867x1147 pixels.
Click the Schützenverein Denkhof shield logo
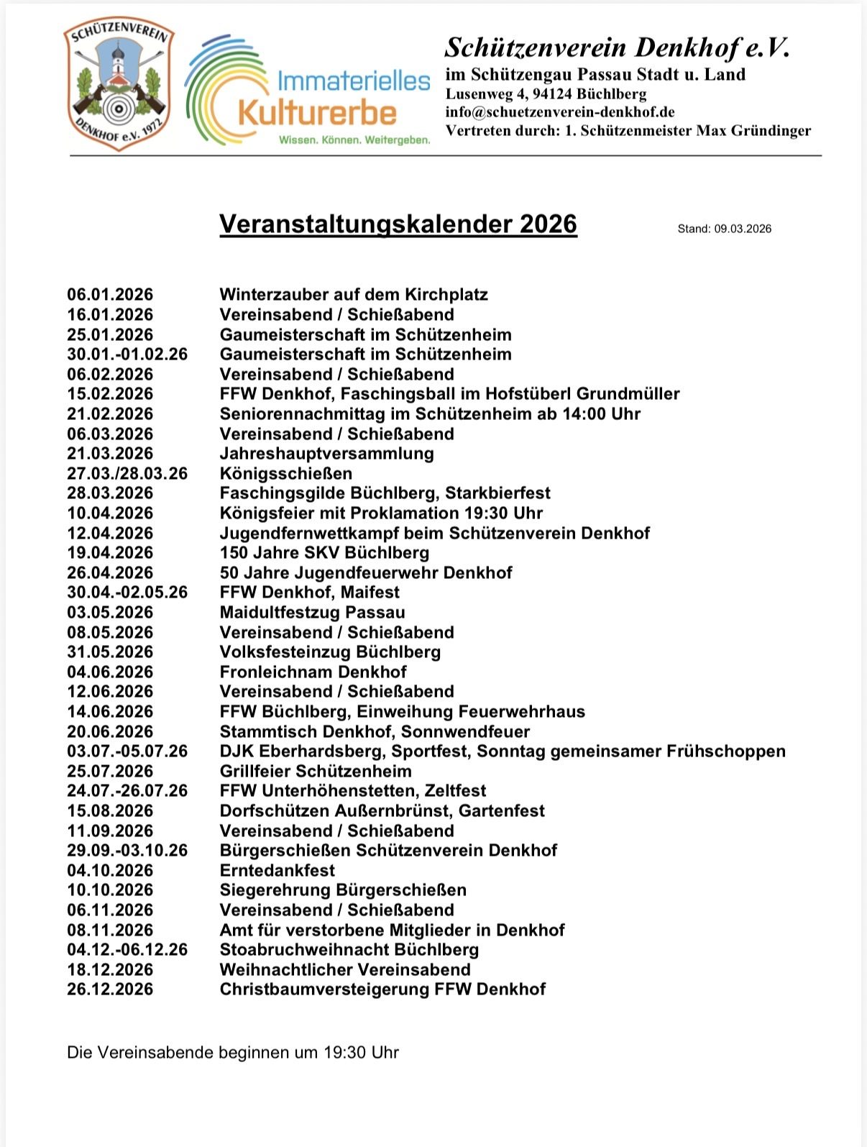pyautogui.click(x=119, y=85)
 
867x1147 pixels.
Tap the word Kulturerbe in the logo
pyautogui.click(x=317, y=113)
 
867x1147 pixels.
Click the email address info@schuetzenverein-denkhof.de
pyautogui.click(x=560, y=111)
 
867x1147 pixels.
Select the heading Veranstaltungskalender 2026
pyautogui.click(x=398, y=224)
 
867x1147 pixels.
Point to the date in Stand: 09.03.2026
pyautogui.click(x=742, y=229)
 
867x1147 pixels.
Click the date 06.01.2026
pyautogui.click(x=110, y=294)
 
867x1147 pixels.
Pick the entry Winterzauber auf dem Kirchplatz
pyautogui.click(x=354, y=294)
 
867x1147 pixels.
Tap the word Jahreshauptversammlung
pyautogui.click(x=326, y=453)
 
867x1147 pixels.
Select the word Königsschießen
pyautogui.click(x=286, y=473)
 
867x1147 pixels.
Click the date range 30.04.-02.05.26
pyautogui.click(x=127, y=592)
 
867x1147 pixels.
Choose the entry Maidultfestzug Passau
pyautogui.click(x=312, y=612)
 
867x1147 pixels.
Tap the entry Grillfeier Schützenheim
pyautogui.click(x=316, y=771)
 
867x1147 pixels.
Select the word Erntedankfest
pyautogui.click(x=277, y=870)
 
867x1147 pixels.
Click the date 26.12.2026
pyautogui.click(x=110, y=989)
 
